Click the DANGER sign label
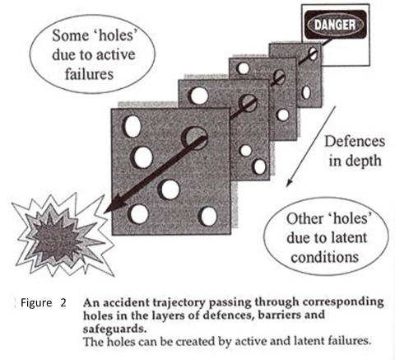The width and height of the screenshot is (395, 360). point(336,25)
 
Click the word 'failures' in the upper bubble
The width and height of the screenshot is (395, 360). point(89,74)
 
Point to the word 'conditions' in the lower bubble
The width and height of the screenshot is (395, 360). point(325,257)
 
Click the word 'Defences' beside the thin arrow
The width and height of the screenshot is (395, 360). point(355,142)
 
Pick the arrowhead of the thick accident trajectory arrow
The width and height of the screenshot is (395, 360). point(113,208)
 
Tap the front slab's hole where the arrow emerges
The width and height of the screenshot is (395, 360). point(194,138)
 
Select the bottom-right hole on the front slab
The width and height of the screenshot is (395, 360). point(207,216)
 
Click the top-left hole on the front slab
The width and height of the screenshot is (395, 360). point(132,126)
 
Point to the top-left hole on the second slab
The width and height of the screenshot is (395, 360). point(198,96)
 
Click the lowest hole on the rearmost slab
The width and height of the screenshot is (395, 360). point(306,92)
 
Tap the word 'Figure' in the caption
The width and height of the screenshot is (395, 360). point(36,303)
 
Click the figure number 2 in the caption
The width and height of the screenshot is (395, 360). point(63,302)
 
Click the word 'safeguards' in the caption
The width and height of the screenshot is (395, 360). point(114,329)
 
